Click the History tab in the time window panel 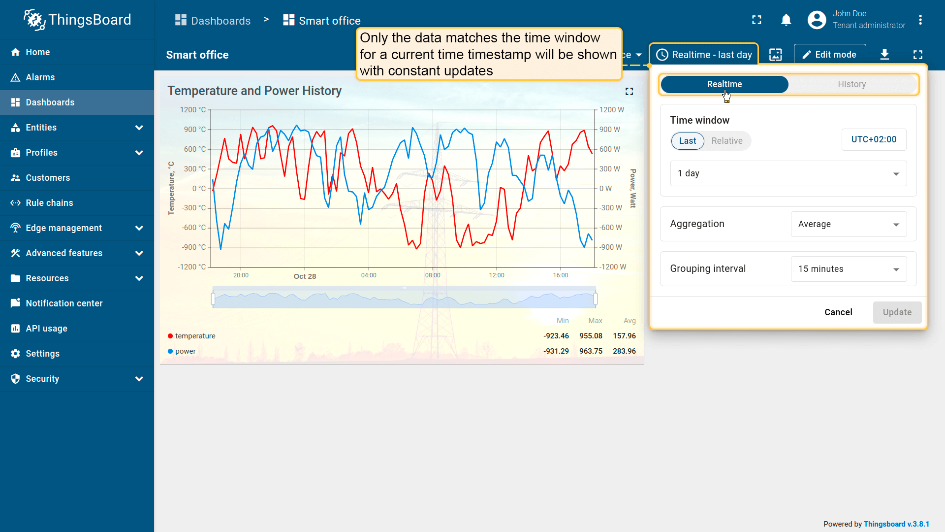point(851,84)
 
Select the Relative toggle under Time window point(726,141)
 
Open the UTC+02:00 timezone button point(874,139)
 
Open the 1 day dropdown point(788,173)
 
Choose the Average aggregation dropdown point(848,224)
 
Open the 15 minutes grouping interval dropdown point(848,269)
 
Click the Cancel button point(838,312)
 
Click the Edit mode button point(829,55)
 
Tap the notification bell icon point(786,20)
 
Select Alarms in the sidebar point(40,77)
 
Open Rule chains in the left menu point(49,203)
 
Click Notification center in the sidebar point(64,303)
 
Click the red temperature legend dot point(170,336)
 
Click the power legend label point(185,351)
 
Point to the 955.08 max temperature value point(591,336)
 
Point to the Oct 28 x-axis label point(305,276)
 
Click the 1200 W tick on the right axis point(611,110)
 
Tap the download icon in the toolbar point(884,55)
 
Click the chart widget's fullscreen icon point(629,91)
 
